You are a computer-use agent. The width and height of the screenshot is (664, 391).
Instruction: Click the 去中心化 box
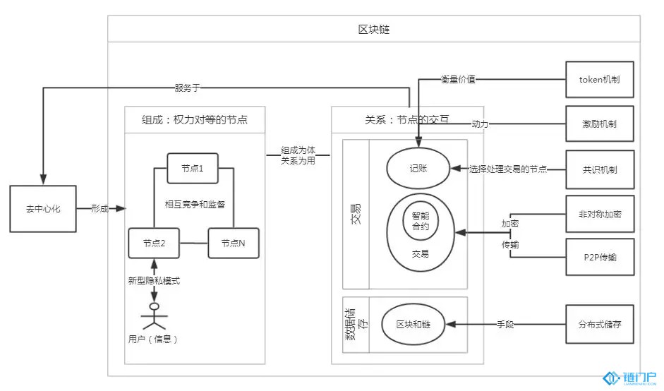click(43, 209)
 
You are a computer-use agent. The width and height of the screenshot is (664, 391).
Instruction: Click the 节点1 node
click(191, 168)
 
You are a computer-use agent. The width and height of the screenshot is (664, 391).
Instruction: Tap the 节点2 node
click(152, 243)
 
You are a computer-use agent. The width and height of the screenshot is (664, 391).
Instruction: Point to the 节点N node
click(232, 243)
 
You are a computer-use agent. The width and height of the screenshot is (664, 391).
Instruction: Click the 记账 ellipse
click(418, 169)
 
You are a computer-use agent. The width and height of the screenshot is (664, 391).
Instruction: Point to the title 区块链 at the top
click(374, 30)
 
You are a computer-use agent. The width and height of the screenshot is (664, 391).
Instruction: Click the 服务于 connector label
click(188, 88)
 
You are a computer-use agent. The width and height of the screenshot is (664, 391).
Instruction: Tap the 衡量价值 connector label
click(458, 80)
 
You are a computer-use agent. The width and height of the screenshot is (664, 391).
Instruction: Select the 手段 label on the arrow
click(505, 324)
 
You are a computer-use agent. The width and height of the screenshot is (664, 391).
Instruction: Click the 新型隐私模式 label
click(154, 280)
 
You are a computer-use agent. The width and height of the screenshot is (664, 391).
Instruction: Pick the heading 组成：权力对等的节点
click(195, 120)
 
